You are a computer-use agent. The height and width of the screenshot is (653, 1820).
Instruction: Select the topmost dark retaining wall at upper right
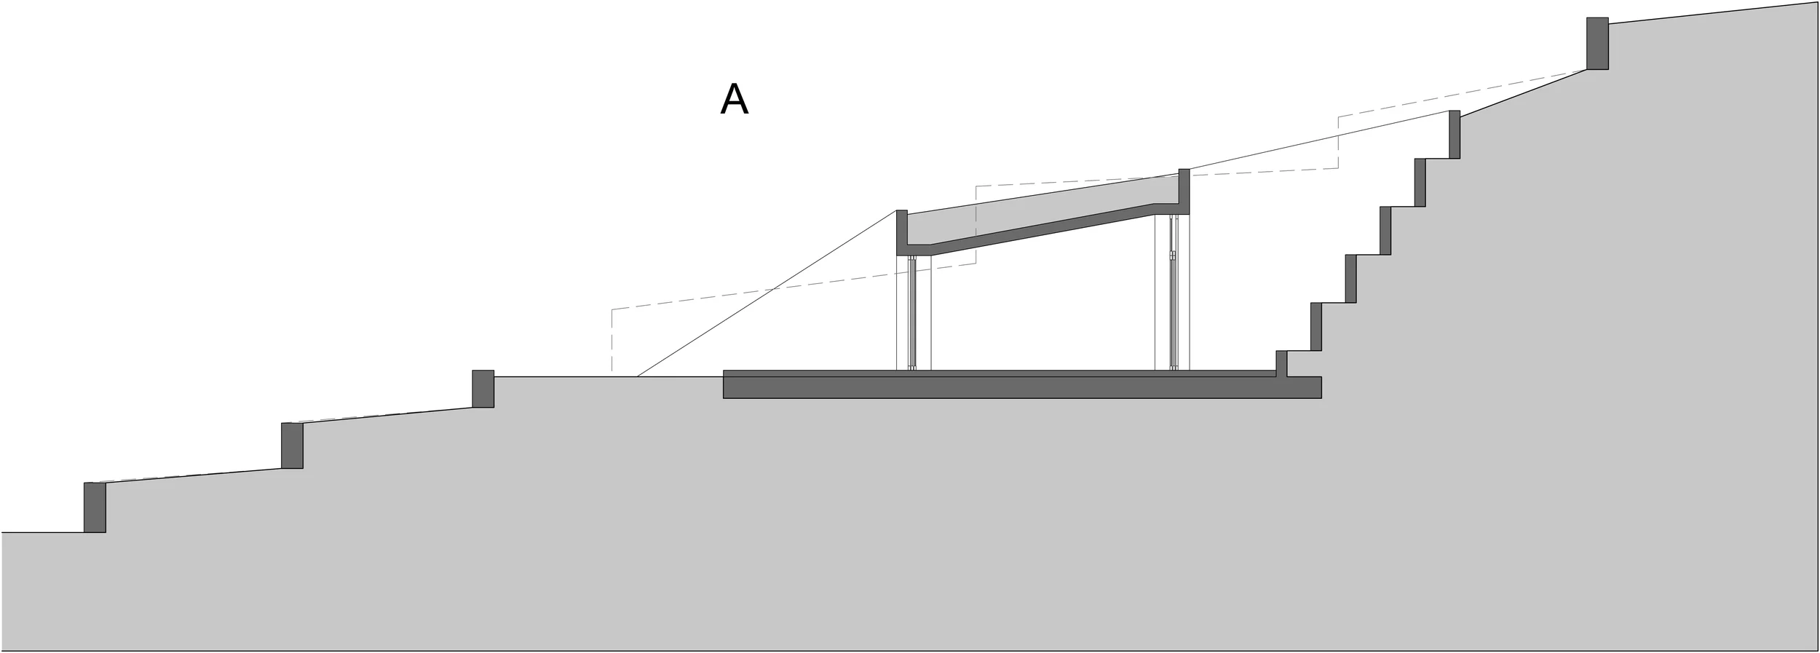(x=1597, y=44)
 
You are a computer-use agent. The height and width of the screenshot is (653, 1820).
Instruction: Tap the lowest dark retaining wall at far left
(x=95, y=507)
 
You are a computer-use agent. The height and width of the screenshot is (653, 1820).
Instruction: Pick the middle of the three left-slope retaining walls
(x=292, y=446)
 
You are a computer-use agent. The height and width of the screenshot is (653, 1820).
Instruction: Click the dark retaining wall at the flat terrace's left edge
(x=483, y=389)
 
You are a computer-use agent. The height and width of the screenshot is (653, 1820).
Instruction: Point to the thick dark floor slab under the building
(x=1019, y=387)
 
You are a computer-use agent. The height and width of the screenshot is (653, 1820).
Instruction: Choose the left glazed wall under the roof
(x=912, y=313)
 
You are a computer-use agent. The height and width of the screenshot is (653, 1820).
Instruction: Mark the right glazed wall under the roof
(x=1173, y=291)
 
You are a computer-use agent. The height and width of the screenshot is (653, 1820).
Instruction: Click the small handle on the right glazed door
(x=1173, y=256)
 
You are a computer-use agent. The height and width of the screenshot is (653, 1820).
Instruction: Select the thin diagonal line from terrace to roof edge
(x=764, y=294)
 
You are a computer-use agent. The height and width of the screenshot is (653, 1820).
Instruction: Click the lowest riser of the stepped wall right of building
(x=1281, y=363)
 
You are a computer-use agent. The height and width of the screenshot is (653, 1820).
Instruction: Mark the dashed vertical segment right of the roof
(x=1338, y=143)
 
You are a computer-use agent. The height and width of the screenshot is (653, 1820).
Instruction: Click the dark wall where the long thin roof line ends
(x=1454, y=135)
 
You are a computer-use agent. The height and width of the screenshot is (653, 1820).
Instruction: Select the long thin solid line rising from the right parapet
(x=1318, y=141)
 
